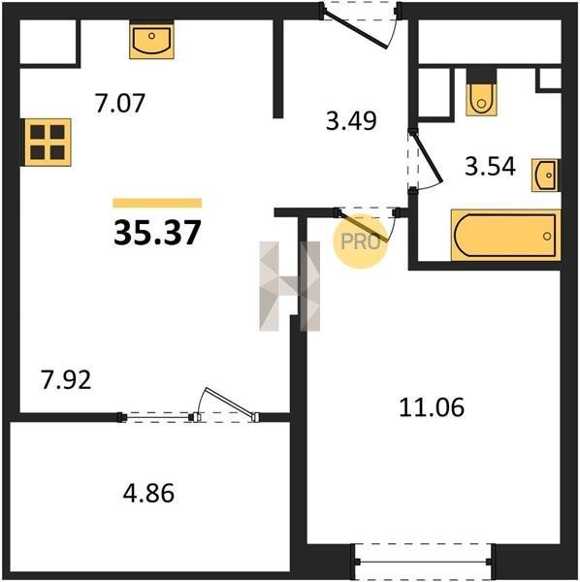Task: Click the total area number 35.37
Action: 157,233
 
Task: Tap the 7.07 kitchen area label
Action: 119,103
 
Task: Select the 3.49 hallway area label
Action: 351,120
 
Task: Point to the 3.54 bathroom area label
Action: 490,166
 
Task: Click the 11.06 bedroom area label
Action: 432,407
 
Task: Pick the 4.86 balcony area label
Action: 148,494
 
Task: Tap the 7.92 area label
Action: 66,380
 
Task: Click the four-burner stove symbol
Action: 48,143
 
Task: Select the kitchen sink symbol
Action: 151,40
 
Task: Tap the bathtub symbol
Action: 505,236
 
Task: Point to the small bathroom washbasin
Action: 545,175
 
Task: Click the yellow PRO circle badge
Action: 361,242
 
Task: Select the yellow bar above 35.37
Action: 157,203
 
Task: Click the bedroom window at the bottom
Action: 424,563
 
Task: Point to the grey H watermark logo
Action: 290,286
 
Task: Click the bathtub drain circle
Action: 547,236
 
